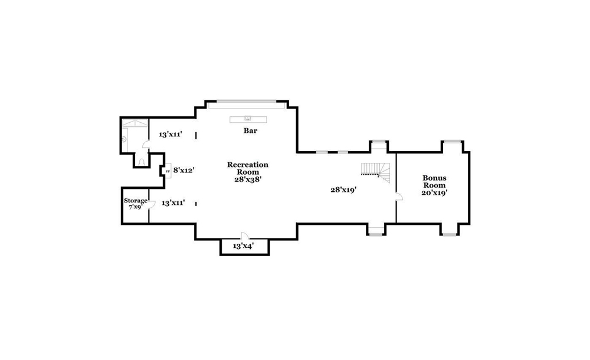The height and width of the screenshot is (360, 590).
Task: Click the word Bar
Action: [250, 130]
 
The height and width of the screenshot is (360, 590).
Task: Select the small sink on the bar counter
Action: [248, 118]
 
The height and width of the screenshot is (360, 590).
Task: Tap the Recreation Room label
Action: [248, 168]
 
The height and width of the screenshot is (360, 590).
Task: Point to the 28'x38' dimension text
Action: [248, 179]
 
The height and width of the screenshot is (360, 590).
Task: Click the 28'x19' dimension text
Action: [343, 190]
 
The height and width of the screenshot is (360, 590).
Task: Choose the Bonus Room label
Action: [434, 182]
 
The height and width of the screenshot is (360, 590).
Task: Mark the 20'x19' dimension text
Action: [434, 192]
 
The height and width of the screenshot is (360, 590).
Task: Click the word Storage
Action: [136, 201]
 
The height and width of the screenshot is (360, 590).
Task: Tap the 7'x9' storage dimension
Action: [136, 207]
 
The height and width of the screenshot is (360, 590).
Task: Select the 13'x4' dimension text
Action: [243, 246]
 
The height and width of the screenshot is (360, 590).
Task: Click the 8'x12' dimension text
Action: [183, 170]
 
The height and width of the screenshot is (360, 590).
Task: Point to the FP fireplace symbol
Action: [168, 171]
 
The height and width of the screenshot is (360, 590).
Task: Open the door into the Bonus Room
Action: [399, 196]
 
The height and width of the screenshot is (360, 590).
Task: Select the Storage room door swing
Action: [152, 205]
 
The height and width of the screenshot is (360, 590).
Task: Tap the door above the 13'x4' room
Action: [245, 235]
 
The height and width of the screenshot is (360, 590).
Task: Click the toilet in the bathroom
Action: [142, 162]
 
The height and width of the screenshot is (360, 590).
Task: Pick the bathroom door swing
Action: [146, 144]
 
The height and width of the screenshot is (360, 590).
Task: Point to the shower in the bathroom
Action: [135, 123]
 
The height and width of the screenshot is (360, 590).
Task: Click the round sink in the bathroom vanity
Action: [124, 139]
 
